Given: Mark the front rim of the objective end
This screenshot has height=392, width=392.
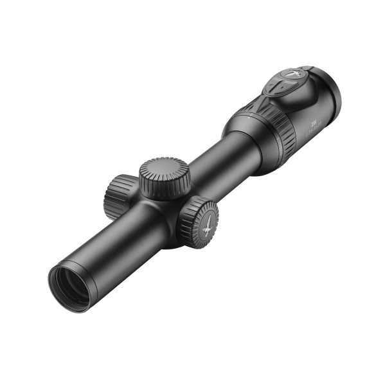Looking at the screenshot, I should (x=58, y=292).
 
